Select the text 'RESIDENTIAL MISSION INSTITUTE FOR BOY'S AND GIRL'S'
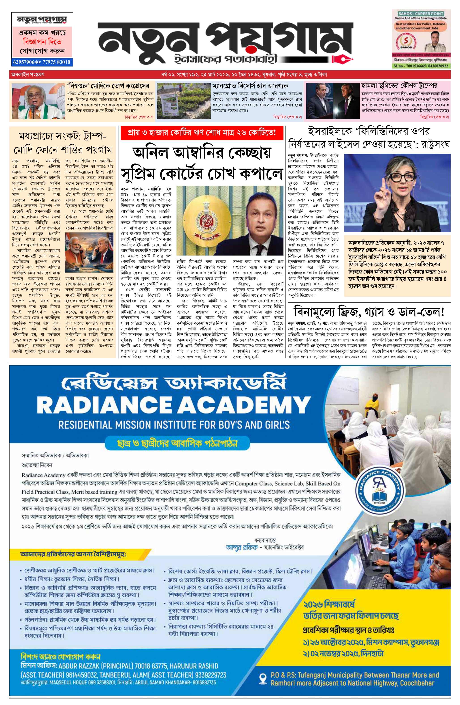(x=174, y=425)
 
